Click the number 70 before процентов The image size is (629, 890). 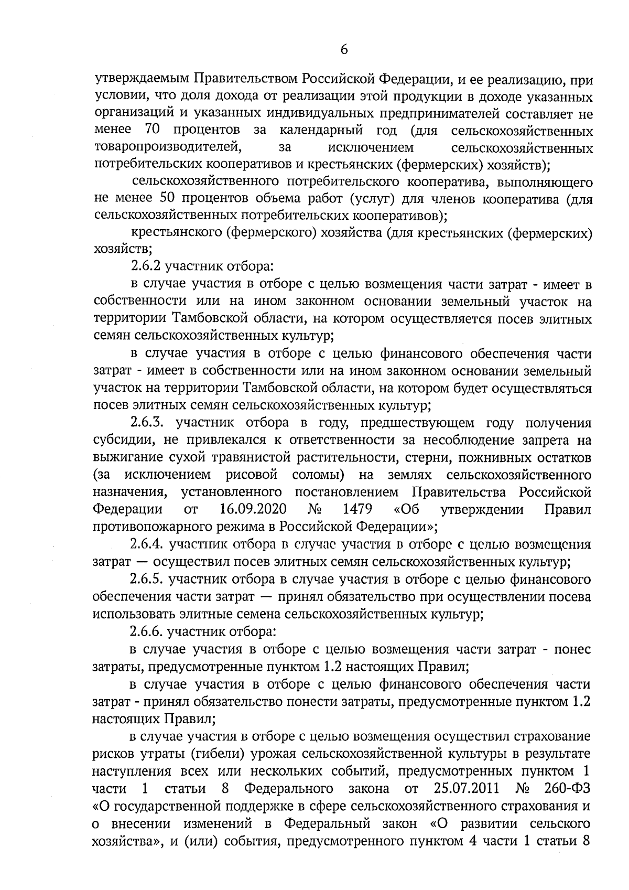(151, 130)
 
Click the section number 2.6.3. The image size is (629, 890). (148, 423)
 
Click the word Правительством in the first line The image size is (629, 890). (247, 79)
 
